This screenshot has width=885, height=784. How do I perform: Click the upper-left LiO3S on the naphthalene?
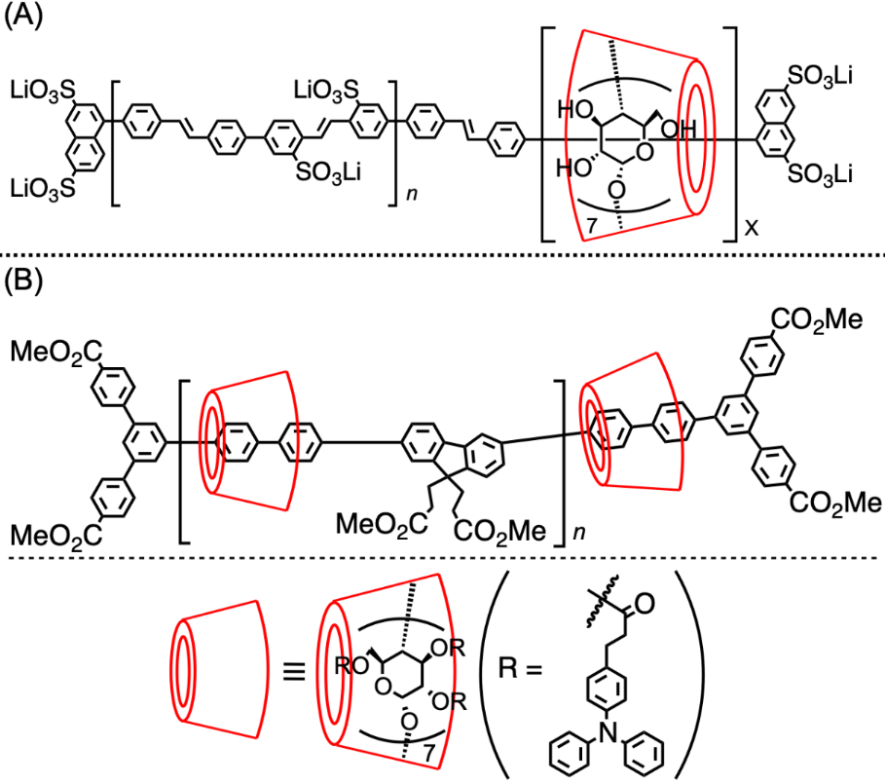point(42,93)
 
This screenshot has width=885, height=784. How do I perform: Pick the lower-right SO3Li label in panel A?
point(821,174)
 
